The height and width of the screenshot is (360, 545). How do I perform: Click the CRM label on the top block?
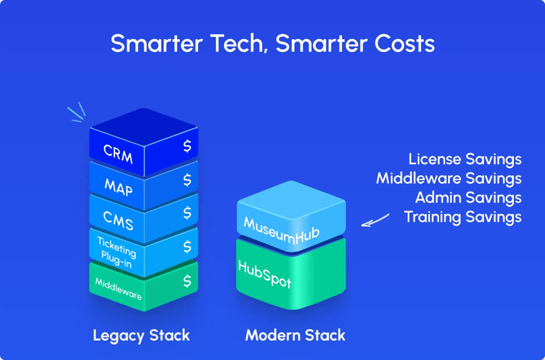point(119,154)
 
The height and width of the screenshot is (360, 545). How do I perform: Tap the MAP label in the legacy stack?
point(119,187)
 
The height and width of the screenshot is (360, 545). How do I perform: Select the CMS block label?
point(119,220)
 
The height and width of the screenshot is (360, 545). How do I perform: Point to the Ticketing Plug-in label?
point(116,251)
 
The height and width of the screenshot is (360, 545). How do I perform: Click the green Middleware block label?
point(119,289)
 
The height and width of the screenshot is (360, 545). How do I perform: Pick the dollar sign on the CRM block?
point(187,146)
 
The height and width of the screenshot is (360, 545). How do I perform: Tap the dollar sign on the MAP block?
point(187,179)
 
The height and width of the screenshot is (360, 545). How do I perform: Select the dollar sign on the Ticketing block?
point(187,247)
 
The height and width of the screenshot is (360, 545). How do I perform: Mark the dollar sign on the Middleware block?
point(187,280)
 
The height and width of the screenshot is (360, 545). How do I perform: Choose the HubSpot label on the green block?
point(264,274)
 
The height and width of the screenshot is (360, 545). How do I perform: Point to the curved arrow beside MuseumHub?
point(375,220)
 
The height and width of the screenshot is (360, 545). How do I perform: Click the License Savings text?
point(465,159)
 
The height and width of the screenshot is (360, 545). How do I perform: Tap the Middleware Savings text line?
point(449,178)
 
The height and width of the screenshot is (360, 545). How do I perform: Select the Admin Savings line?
point(468,197)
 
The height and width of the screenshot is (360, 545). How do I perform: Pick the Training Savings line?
point(463,216)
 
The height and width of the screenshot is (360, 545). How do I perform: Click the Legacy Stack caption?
point(141,335)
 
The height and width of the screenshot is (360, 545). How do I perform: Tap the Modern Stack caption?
point(295,335)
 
